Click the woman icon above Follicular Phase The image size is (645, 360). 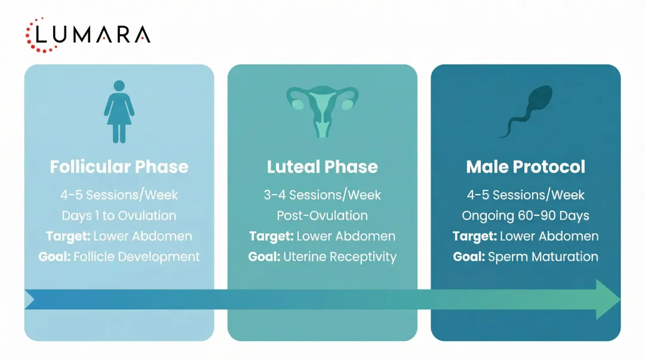[x=119, y=112]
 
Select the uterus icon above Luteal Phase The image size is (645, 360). [x=322, y=111]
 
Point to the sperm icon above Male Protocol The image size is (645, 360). [x=526, y=112]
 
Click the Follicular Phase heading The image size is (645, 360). [x=119, y=167]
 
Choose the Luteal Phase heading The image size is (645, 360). [x=322, y=167]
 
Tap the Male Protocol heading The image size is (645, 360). [x=526, y=167]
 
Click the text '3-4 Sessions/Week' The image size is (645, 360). [x=322, y=195]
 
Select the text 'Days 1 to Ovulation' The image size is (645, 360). [x=119, y=215]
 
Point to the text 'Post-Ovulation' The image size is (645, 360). [x=322, y=215]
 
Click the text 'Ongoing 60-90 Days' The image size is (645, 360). [x=526, y=215]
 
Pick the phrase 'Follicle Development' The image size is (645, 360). [x=137, y=257]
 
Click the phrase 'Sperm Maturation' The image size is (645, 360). [x=543, y=257]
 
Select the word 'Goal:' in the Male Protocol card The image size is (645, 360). [x=468, y=257]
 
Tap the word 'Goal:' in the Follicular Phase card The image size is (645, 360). [x=54, y=257]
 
